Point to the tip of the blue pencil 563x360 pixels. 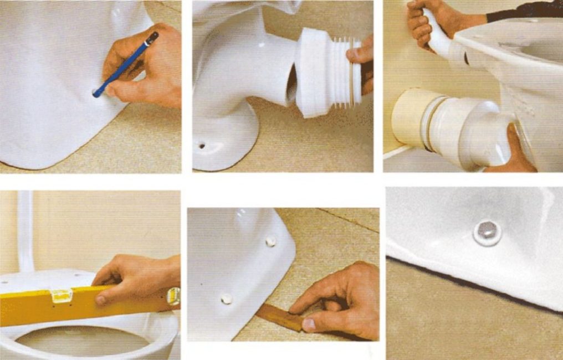[95, 95]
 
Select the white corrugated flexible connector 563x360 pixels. [327, 72]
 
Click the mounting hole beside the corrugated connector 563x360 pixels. [202, 146]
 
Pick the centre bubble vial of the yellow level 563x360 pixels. [61, 296]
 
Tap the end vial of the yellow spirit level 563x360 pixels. [173, 296]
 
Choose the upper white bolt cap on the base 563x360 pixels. [270, 241]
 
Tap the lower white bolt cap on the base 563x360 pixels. [226, 299]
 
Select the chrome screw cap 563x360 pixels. [487, 232]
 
